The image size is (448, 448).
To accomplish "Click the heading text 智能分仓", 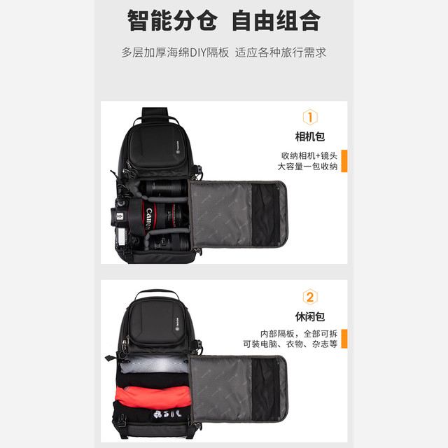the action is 172,20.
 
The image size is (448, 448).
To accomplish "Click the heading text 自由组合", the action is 276,20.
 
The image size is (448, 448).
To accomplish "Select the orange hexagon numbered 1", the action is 310,117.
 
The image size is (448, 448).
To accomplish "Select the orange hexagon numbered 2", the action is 310,297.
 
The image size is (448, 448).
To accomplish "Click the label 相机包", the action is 310,136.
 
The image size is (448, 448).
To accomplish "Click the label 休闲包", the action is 310,316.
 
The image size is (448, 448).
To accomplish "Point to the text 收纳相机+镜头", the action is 309,155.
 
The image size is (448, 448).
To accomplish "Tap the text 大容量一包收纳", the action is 308,167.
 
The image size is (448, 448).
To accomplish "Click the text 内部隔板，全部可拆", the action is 299,334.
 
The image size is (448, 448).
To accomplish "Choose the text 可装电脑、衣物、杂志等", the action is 290,344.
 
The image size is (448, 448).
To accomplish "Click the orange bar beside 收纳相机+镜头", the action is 344,161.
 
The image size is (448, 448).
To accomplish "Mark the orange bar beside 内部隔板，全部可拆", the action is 344,339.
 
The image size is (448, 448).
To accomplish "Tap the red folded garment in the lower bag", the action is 153,397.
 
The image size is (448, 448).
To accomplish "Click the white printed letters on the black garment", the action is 167,414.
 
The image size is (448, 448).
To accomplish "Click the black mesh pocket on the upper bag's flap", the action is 266,214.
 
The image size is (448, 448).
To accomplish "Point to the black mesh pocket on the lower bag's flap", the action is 266,389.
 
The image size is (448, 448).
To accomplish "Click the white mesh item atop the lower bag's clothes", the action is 154,364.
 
